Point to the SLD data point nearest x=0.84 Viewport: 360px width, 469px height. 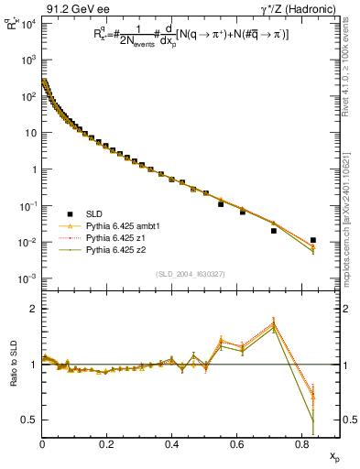pos(313,240)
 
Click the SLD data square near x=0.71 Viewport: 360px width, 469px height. pos(274,231)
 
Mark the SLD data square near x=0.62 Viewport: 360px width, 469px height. pos(243,212)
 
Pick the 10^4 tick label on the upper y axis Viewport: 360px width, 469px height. pos(27,23)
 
